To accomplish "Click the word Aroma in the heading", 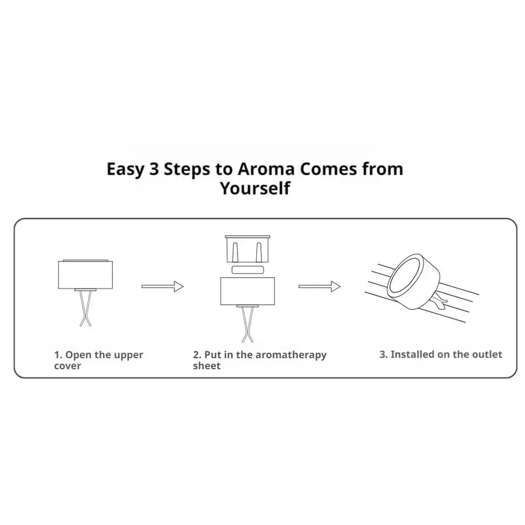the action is [x=266, y=169].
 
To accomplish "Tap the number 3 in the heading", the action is [x=154, y=169].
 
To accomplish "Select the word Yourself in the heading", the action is [x=255, y=188].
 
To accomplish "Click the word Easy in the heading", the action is [x=125, y=170].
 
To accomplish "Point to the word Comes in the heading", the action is [x=329, y=169].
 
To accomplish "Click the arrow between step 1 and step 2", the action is [x=162, y=286].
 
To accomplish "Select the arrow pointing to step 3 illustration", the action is [x=319, y=286].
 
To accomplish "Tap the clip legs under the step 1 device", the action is [x=85, y=308].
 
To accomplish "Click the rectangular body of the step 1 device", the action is [x=85, y=275].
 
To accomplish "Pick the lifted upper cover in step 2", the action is [x=247, y=249].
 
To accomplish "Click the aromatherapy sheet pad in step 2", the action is [x=248, y=270].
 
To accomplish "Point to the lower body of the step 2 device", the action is [x=247, y=291].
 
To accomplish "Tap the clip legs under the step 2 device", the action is [x=247, y=324].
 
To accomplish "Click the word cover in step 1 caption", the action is [x=67, y=366].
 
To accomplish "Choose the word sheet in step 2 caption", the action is [x=207, y=366].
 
